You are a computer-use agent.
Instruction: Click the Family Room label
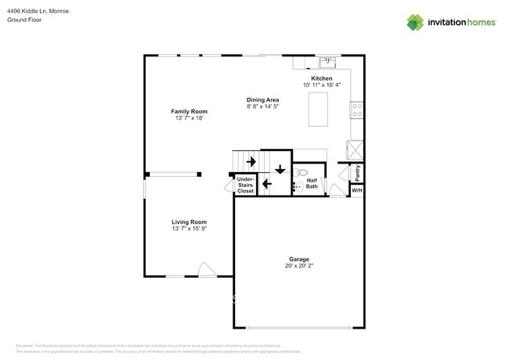click(x=189, y=111)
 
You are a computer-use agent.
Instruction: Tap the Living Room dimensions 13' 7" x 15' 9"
click(x=189, y=229)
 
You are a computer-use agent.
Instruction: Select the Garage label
click(x=298, y=259)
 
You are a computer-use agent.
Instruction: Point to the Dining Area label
click(x=262, y=99)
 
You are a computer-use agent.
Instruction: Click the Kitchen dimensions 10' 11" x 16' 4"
click(x=322, y=85)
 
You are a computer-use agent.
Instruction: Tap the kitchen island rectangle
click(x=318, y=109)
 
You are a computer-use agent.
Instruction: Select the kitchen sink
click(x=327, y=62)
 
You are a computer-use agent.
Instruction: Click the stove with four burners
click(x=356, y=110)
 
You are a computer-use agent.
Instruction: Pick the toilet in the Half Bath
click(x=303, y=171)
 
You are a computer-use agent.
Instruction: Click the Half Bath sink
click(x=297, y=186)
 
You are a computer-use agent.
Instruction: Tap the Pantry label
click(x=356, y=171)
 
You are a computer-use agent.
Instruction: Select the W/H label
click(x=356, y=190)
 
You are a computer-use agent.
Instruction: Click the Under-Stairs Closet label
click(x=245, y=185)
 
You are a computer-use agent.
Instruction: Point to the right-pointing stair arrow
click(x=251, y=162)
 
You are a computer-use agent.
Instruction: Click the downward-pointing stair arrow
click(x=280, y=168)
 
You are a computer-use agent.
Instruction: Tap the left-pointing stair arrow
click(x=266, y=184)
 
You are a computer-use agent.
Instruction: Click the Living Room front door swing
click(x=208, y=269)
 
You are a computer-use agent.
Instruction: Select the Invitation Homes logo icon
click(x=415, y=23)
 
